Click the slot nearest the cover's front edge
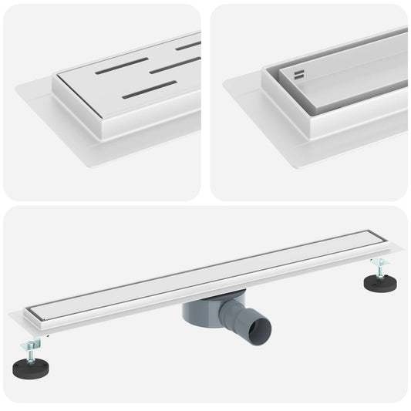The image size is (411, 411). click(x=150, y=89)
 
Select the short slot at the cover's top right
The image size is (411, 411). click(x=188, y=45)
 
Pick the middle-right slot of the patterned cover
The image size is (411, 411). click(x=174, y=66)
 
